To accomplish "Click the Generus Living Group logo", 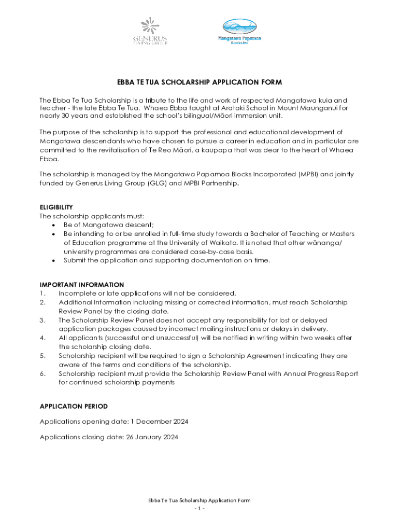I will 150,32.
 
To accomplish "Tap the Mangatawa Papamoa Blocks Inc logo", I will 239,32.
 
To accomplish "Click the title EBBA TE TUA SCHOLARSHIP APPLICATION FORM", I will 199,82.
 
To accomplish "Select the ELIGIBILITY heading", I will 56,207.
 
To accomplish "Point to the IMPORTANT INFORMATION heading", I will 82,284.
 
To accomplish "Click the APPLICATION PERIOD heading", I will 74,406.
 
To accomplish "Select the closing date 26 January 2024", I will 152,437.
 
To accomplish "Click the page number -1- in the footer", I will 199,509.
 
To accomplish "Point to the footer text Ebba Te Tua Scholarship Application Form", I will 199,500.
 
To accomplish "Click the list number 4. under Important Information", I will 42,338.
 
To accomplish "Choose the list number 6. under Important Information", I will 42,374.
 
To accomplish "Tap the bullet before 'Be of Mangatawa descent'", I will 54,225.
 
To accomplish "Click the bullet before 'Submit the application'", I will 54,260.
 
